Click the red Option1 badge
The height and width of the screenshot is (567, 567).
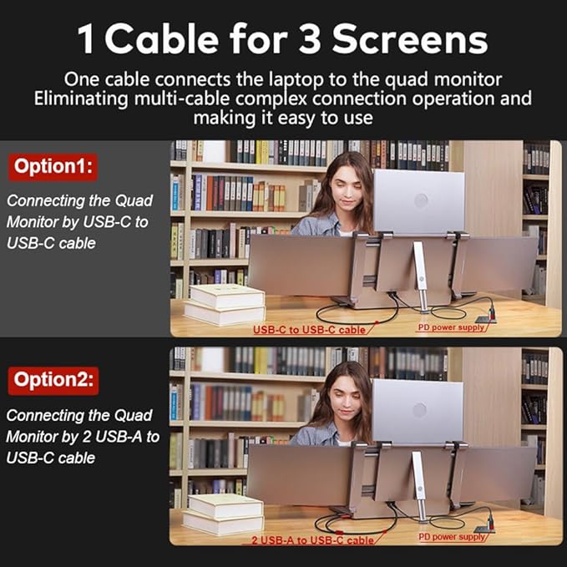(54, 166)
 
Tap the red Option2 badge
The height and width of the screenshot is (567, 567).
(54, 381)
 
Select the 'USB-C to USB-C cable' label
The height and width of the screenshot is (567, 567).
(310, 329)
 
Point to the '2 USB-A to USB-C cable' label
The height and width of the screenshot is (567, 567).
(313, 539)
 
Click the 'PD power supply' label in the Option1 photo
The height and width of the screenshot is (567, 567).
(452, 327)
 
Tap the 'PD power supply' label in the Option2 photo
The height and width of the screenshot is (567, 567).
(452, 536)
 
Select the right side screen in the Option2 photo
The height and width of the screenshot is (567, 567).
(496, 472)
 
